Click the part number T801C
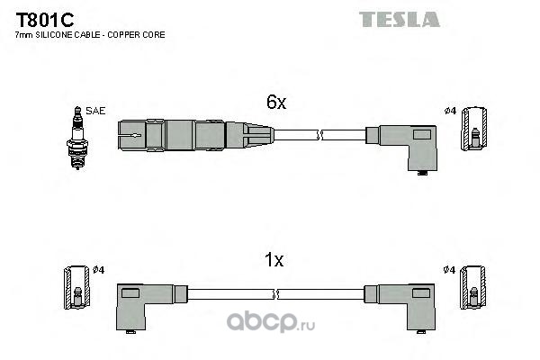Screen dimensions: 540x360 tap(45, 20)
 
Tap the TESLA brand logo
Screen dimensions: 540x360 tap(400, 19)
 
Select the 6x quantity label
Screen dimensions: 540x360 tap(276, 102)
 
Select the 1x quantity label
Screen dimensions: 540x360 tap(274, 260)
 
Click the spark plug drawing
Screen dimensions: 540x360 tap(77, 138)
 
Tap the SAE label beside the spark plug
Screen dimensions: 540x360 tap(95, 111)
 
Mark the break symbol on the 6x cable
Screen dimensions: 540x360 tap(319, 135)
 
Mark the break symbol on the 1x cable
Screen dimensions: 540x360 tap(275, 294)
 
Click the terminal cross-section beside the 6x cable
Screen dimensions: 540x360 tap(474, 129)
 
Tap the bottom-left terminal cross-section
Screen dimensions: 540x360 tap(76, 287)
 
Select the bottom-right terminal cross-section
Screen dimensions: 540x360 tap(473, 287)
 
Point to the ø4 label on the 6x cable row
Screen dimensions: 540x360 tap(450, 111)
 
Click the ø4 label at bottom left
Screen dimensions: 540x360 tap(98, 270)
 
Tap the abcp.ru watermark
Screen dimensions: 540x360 tap(271, 322)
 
